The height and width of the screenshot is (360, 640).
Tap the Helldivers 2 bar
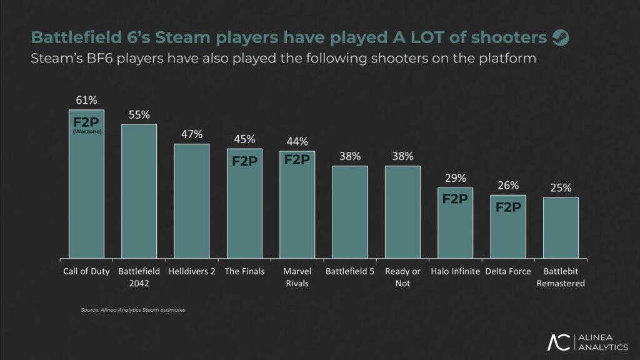pos(191,200)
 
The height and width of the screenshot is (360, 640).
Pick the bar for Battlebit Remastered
pos(561,227)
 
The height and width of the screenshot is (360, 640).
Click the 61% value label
pos(86,100)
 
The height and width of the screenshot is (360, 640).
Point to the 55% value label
pos(139,115)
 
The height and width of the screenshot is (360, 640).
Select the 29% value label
pos(455,178)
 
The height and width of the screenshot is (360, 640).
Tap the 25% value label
pos(561,188)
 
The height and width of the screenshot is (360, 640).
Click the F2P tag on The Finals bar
pos(244,161)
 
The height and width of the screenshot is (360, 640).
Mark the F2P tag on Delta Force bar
pos(508,207)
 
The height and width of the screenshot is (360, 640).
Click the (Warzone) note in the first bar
pos(86,131)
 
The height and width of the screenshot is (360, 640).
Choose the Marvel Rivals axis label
pos(297,277)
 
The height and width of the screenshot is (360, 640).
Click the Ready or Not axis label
pos(402,277)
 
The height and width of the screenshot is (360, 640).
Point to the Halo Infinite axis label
pos(455,271)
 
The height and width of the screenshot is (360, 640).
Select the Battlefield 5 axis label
pos(350,271)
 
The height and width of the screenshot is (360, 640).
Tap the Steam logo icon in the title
pos(561,38)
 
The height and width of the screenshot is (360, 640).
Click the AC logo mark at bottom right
pos(559,342)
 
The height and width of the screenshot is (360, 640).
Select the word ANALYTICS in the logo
pos(603,347)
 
